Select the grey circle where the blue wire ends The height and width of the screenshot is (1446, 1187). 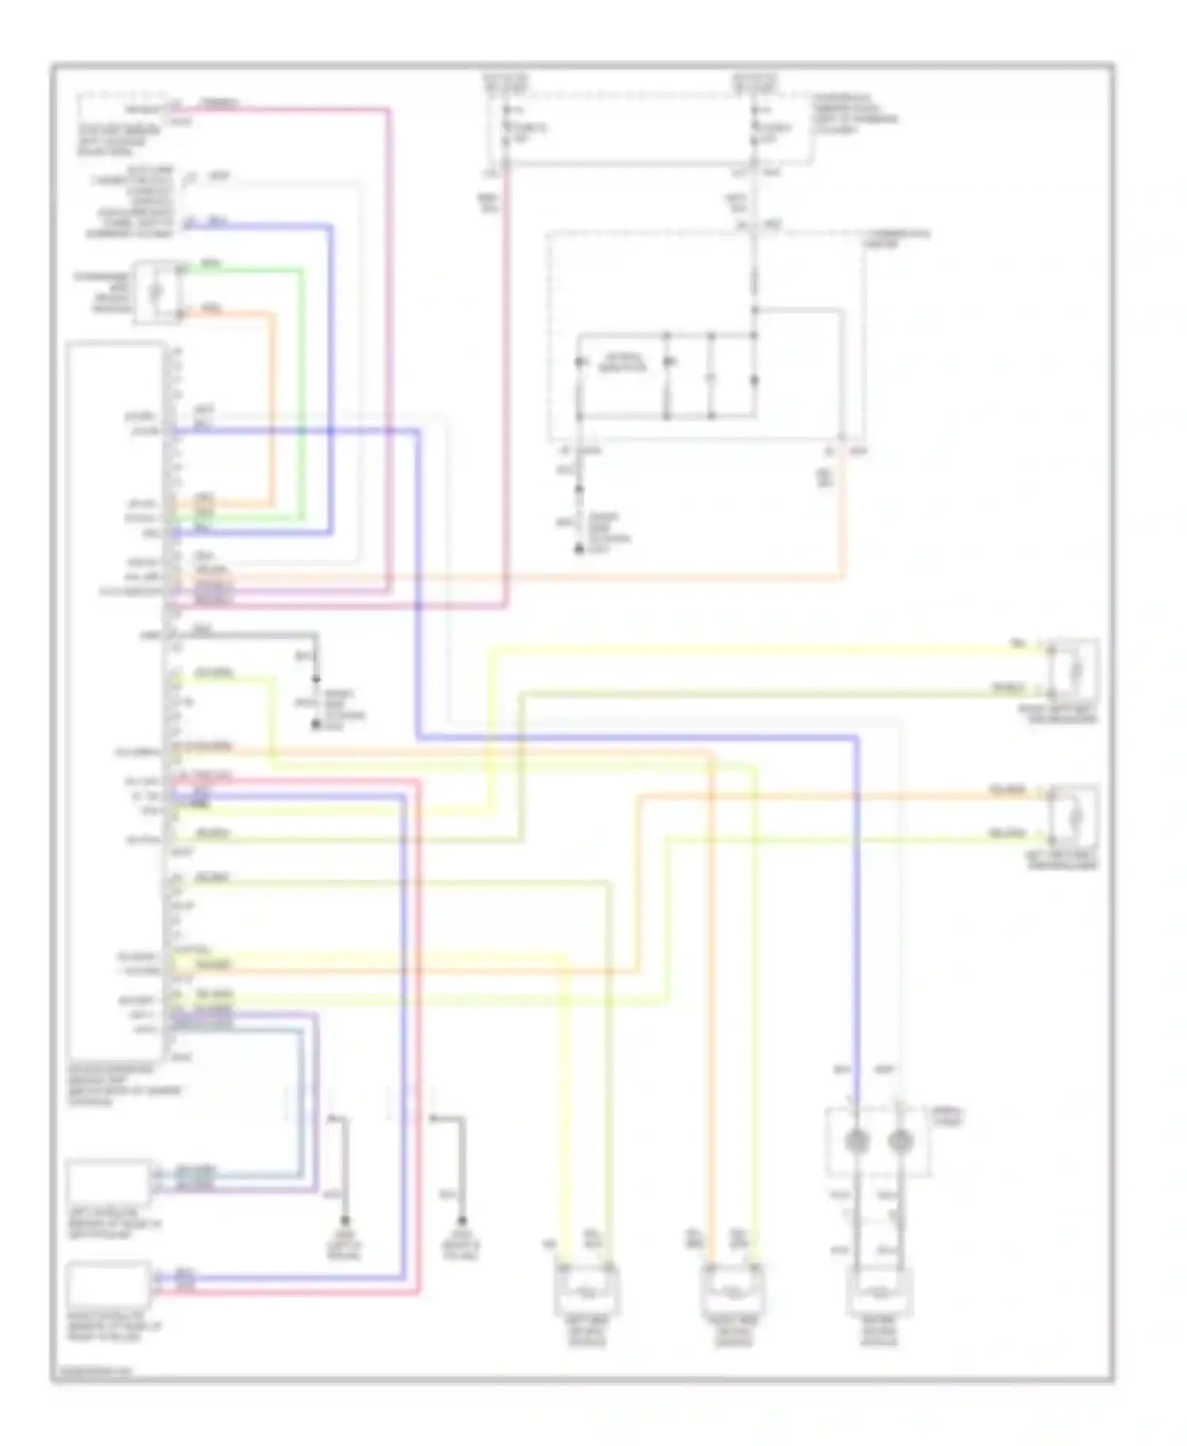(857, 1141)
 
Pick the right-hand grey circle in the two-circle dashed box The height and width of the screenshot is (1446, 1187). (900, 1141)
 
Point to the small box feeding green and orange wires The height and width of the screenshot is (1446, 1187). (157, 292)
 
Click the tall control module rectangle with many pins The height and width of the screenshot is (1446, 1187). (116, 700)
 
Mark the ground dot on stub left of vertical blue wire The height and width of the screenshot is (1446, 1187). (345, 1221)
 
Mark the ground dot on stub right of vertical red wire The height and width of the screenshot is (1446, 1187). (462, 1221)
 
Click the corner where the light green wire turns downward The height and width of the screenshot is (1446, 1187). (301, 271)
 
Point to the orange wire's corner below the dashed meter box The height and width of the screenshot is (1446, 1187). (843, 577)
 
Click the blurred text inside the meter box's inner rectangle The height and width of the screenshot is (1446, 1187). (623, 365)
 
